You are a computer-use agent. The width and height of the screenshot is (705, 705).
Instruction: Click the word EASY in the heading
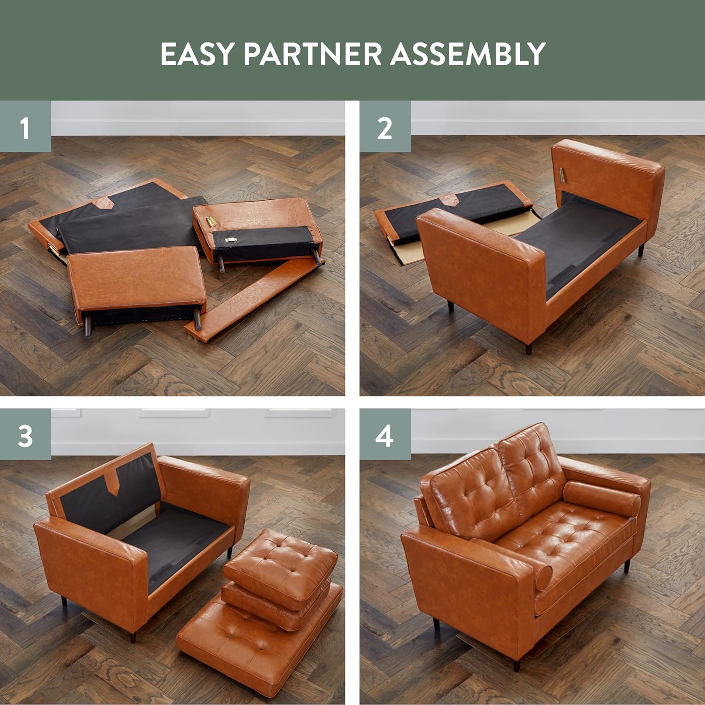click(x=196, y=54)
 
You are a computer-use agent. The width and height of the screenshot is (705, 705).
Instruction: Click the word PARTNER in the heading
click(x=312, y=54)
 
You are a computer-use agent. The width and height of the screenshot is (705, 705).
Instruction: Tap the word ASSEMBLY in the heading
click(x=468, y=54)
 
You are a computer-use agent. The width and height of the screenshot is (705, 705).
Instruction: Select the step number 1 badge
click(x=25, y=126)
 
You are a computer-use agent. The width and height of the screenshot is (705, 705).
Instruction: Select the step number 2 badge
click(x=385, y=126)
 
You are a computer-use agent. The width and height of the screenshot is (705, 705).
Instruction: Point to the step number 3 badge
click(x=25, y=435)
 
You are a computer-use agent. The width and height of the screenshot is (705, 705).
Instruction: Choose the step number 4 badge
click(x=385, y=435)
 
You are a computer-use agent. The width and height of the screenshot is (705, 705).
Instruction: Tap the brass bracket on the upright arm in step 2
click(x=563, y=175)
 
